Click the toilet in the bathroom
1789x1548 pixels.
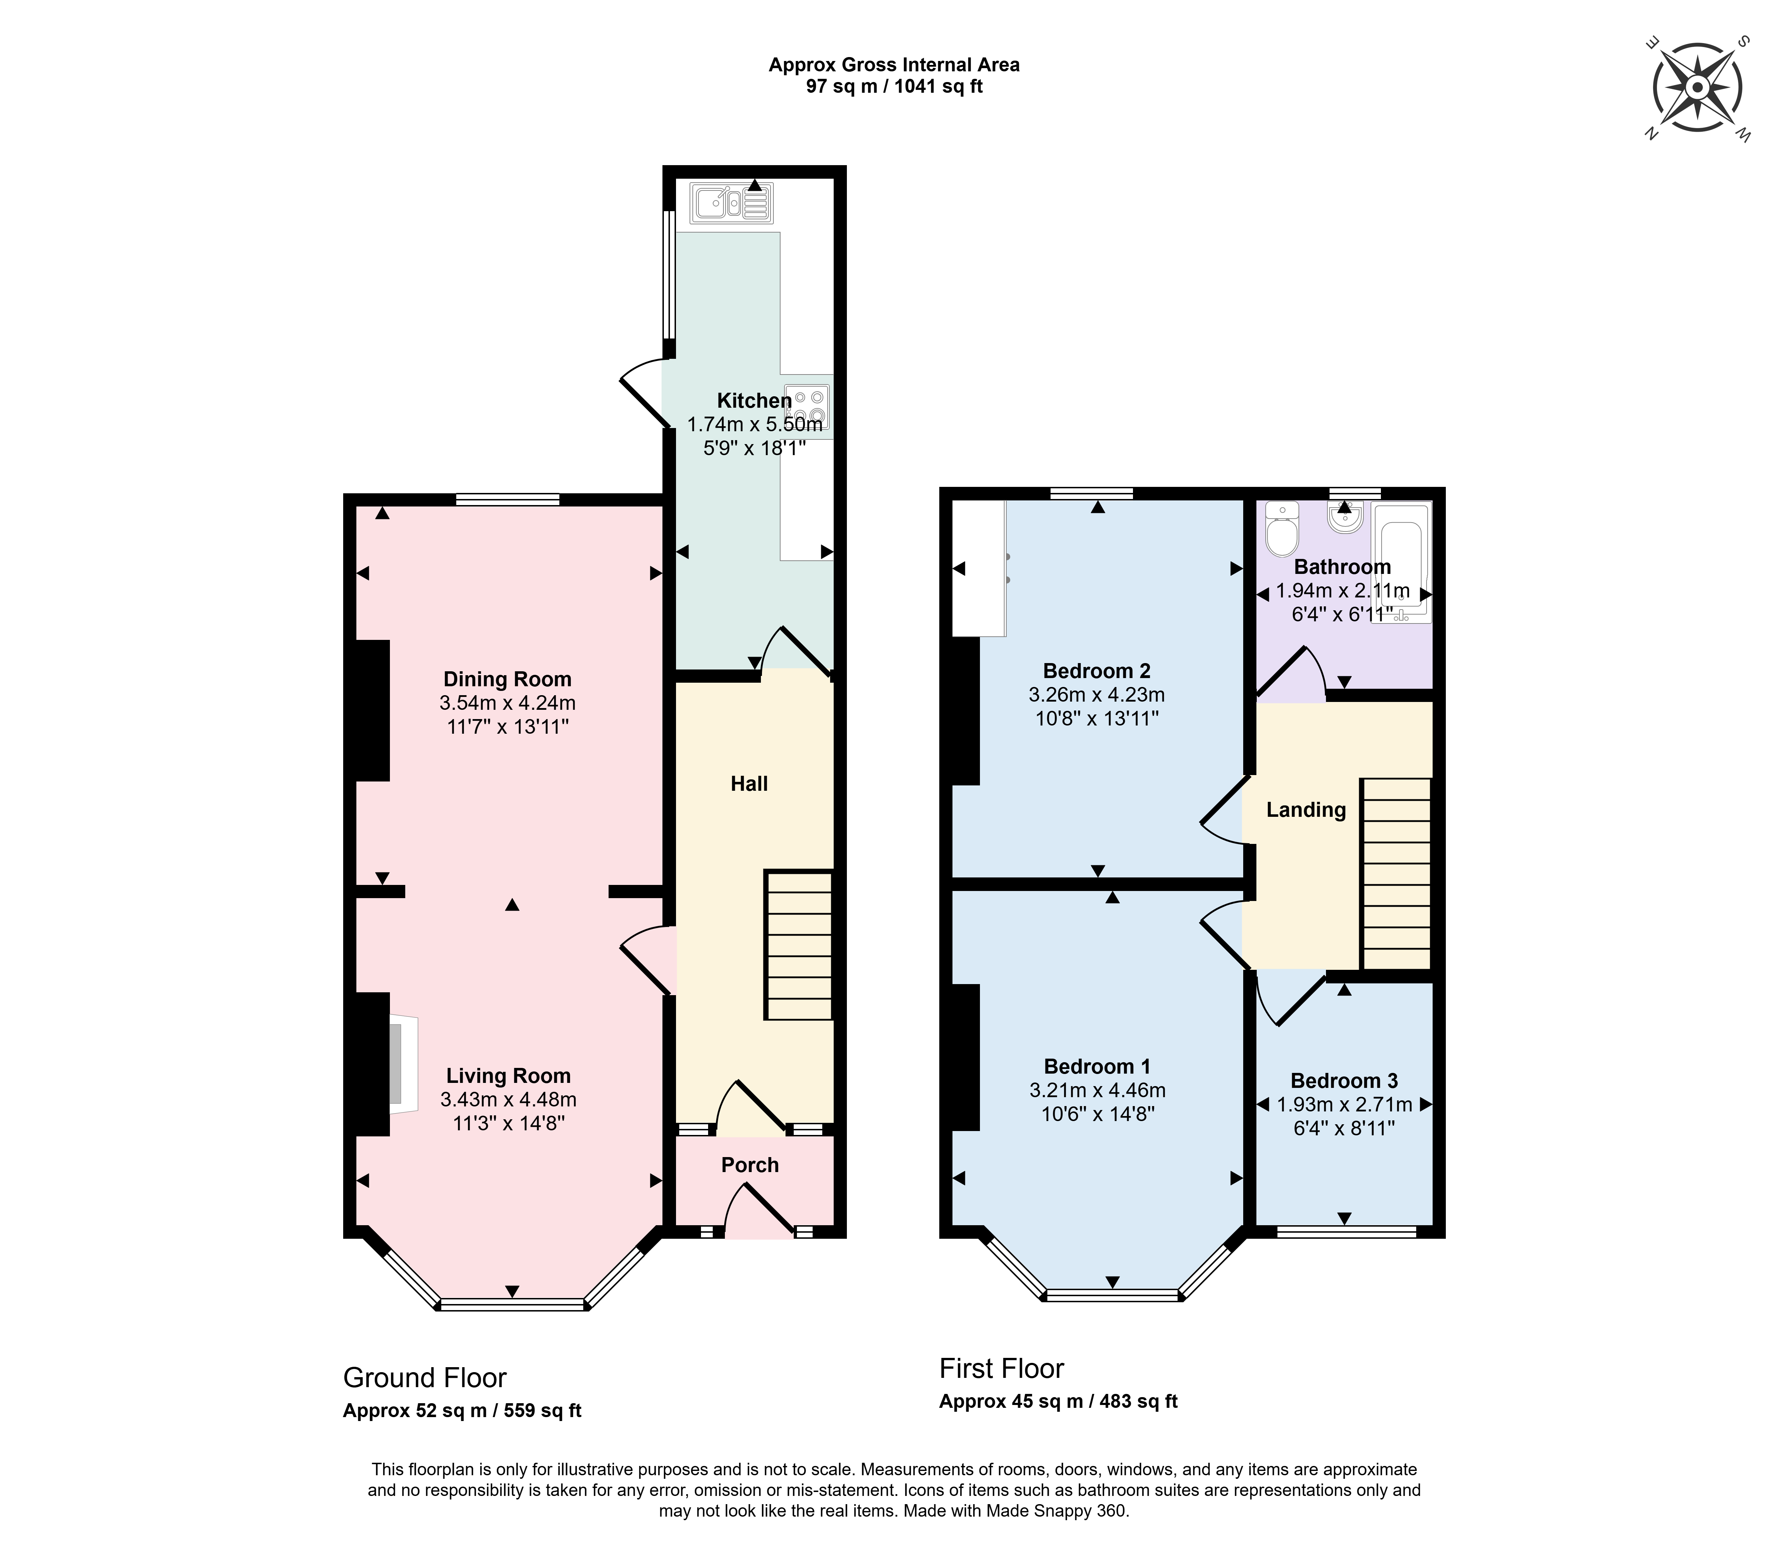(1282, 529)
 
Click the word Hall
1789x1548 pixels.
(749, 784)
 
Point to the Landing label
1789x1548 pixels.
(1306, 809)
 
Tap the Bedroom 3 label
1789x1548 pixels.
(1344, 1081)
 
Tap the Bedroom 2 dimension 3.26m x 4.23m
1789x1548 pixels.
(1097, 694)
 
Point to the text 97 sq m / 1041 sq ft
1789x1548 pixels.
(894, 86)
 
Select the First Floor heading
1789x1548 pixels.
(1002, 1368)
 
